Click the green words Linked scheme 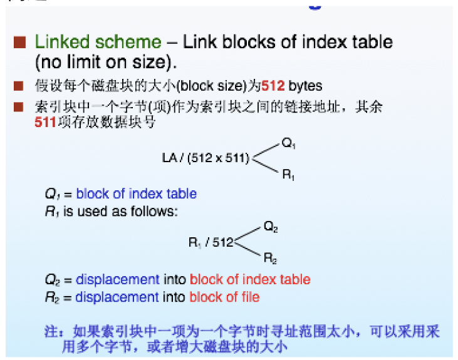pos(98,43)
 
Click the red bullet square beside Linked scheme pos(20,43)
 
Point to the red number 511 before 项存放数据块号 pos(46,123)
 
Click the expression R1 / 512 pos(210,242)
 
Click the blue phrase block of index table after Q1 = pos(137,194)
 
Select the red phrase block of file pos(224,297)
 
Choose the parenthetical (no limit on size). pos(106,63)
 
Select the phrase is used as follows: pos(120,212)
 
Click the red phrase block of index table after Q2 pos(250,279)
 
